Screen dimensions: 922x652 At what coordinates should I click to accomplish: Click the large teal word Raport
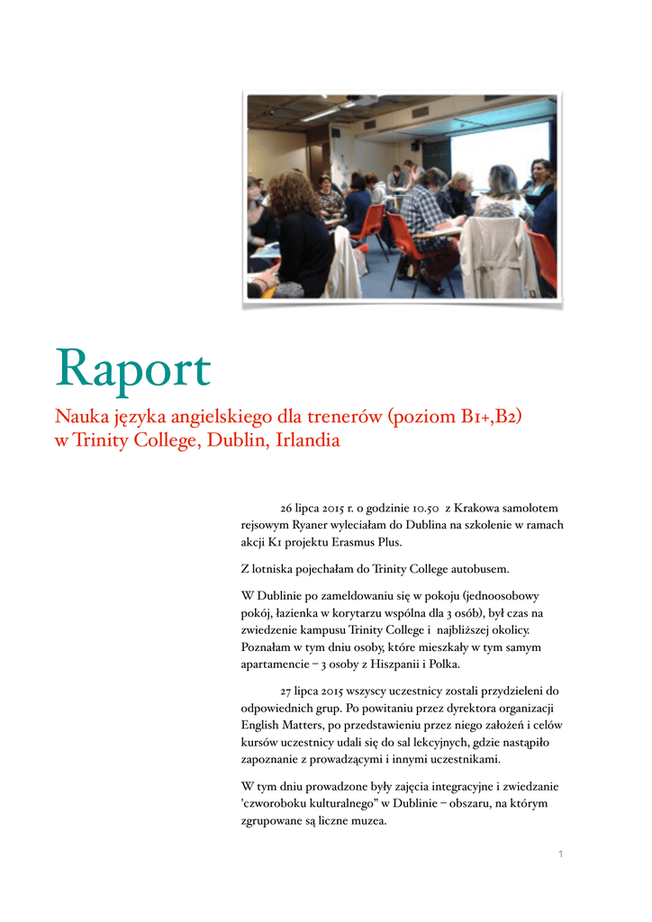(133, 370)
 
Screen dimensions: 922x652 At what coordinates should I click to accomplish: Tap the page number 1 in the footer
(560, 854)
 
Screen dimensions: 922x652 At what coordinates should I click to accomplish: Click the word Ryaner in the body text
(313, 526)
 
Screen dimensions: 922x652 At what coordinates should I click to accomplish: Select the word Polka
(442, 664)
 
